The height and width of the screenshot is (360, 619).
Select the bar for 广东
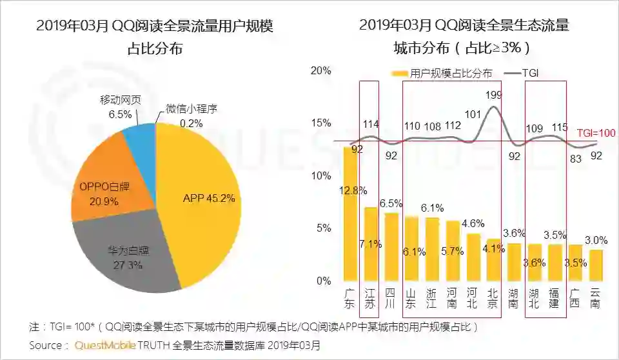[350, 213]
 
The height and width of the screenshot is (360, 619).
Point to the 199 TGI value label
[493, 95]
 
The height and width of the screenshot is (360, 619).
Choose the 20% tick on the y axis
[320, 70]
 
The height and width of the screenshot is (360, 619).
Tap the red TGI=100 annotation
[596, 134]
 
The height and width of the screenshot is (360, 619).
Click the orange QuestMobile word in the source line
[105, 345]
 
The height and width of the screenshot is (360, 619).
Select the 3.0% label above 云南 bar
[596, 241]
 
